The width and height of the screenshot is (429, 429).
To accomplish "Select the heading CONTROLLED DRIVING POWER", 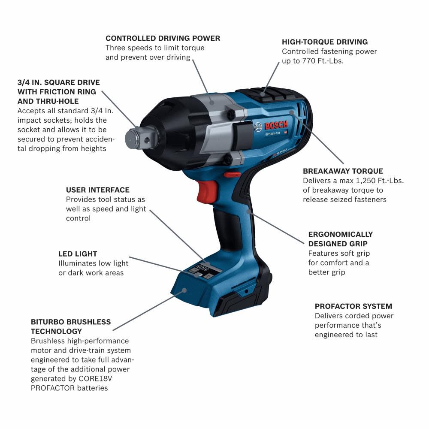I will click(x=163, y=38).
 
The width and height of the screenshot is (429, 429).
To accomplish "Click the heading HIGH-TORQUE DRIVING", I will click(x=325, y=42).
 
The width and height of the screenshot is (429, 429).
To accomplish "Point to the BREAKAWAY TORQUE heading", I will click(x=343, y=171).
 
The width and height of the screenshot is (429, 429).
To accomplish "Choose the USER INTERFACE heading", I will click(x=97, y=190).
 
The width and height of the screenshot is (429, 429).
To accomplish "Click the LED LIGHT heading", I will click(x=78, y=254).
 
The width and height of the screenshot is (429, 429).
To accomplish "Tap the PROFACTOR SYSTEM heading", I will click(x=353, y=306).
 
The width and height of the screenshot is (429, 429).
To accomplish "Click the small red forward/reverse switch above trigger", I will click(x=232, y=174).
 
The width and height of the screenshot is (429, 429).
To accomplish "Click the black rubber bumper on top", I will click(x=262, y=93).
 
